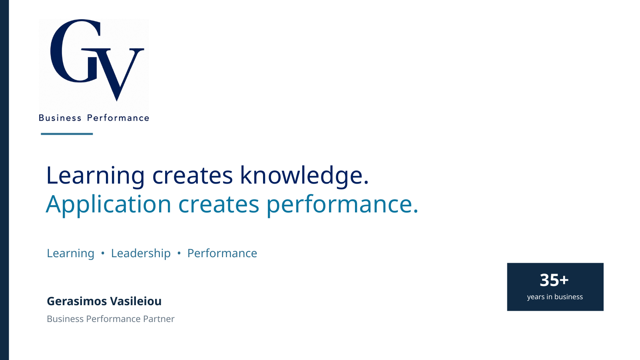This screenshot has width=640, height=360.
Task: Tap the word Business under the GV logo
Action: (60, 118)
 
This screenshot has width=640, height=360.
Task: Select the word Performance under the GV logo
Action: (118, 118)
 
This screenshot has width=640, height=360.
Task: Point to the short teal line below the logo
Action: (67, 134)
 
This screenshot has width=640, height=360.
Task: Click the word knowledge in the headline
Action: (304, 176)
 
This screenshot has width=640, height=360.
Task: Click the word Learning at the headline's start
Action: (96, 176)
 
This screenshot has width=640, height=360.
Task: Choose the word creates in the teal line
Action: (219, 205)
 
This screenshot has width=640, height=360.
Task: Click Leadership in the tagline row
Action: (141, 254)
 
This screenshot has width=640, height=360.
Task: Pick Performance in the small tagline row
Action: (222, 253)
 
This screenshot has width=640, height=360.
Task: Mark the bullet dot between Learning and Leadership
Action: (103, 253)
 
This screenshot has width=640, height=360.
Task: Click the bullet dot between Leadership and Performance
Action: (179, 253)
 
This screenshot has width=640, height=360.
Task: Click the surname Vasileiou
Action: (136, 301)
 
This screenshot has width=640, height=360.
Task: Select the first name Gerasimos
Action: (77, 301)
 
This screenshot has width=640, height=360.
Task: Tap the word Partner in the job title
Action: (159, 319)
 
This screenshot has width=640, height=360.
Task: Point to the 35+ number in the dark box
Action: (554, 280)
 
